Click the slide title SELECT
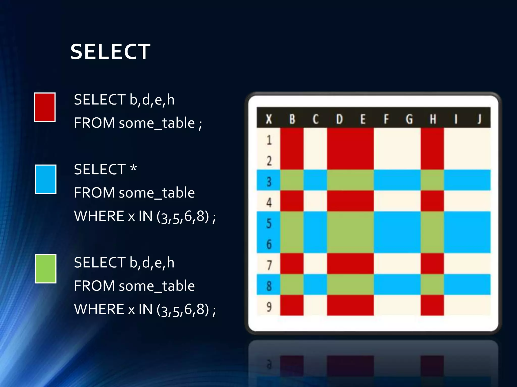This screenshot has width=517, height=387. point(110,52)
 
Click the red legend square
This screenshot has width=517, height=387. point(45,107)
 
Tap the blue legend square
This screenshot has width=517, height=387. point(45,179)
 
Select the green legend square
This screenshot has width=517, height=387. point(45,269)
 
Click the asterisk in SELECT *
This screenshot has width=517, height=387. point(134,168)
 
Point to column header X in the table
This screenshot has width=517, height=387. point(269,119)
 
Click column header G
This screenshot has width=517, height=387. point(409,119)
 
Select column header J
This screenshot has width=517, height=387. point(479,119)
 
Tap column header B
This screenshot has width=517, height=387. point(292,119)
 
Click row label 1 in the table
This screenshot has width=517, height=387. point(269,140)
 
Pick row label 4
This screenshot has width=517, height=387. point(269,202)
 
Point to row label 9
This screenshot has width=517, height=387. point(269,307)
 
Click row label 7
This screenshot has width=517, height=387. point(269,265)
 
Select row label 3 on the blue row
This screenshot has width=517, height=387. point(269,181)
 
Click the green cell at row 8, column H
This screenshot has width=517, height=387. point(432,284)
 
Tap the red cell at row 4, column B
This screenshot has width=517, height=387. point(292,201)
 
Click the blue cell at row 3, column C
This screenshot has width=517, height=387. point(315,180)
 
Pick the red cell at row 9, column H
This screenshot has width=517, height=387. point(432,305)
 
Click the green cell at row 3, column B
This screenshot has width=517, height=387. point(292,180)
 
